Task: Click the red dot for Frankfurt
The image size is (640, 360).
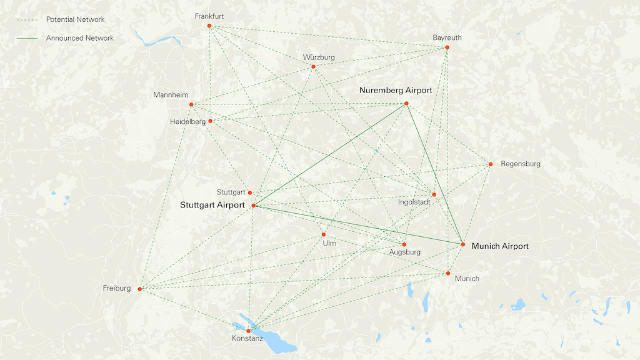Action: click(209, 26)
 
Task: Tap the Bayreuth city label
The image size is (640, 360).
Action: click(447, 38)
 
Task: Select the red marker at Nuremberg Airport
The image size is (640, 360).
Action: click(406, 103)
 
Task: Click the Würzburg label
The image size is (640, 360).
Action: click(319, 57)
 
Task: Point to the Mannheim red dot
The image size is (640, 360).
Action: click(191, 104)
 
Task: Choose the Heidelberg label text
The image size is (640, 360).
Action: click(187, 122)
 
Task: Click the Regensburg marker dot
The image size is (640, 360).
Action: click(491, 164)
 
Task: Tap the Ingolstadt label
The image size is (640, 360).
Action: click(414, 202)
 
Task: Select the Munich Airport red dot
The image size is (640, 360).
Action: click(463, 244)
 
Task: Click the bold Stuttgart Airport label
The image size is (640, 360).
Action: click(212, 205)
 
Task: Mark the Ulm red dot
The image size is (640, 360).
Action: click(324, 235)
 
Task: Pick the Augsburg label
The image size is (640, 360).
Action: click(404, 252)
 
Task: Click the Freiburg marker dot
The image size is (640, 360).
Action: click(140, 289)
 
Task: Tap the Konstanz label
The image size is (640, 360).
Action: click(247, 339)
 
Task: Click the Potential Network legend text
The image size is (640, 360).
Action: click(76, 19)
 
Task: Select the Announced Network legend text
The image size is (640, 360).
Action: click(80, 38)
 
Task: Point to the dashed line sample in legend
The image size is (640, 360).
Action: click(27, 19)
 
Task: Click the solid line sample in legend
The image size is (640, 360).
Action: click(27, 38)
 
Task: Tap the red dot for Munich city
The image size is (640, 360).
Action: click(448, 273)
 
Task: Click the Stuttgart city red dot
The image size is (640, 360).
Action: click(250, 192)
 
